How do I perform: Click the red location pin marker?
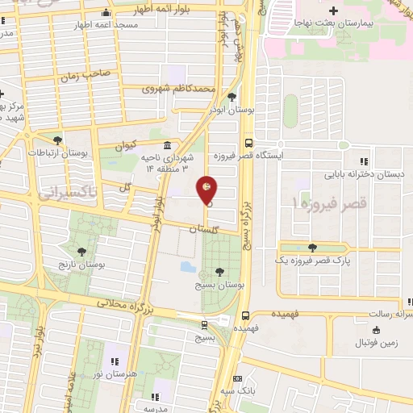point(207,190)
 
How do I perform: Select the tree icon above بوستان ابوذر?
point(232,96)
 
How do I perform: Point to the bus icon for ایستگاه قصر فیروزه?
point(248,137)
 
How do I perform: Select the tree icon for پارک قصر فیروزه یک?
point(312,248)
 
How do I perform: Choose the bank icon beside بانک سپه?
point(236,378)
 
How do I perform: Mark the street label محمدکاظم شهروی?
point(179,88)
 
